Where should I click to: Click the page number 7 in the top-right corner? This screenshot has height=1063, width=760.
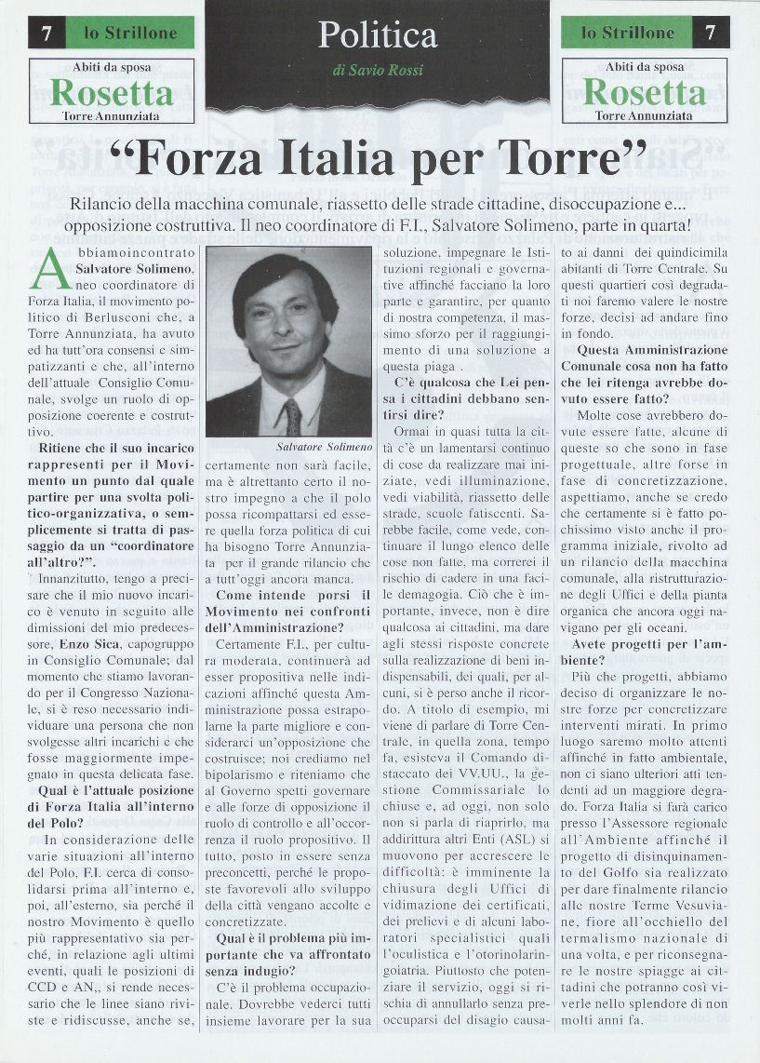(711, 34)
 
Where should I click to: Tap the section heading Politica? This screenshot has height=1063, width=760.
(377, 35)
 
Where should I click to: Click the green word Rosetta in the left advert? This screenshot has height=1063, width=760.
(112, 93)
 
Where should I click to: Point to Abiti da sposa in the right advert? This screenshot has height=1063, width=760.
(645, 67)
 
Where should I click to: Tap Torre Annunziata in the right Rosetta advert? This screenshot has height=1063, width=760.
(645, 115)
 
